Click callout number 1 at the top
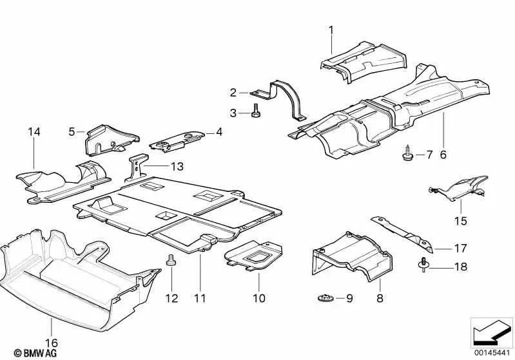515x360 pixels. click(331, 30)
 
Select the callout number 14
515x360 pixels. click(34, 132)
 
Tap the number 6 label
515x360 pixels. click(443, 155)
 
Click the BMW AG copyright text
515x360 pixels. click(24, 352)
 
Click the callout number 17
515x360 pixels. click(460, 248)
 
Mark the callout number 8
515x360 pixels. click(380, 299)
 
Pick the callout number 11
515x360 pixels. click(201, 298)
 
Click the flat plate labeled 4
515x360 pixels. click(177, 140)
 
